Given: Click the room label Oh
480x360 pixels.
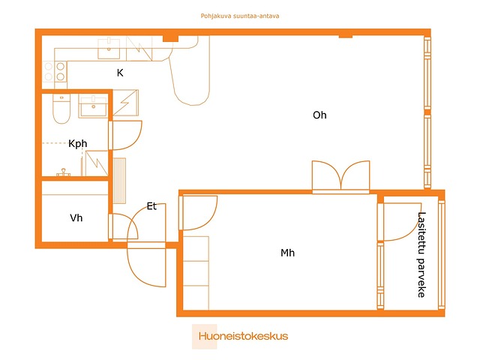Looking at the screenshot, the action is pos(319,115).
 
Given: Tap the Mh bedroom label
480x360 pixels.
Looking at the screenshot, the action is pos(287,253).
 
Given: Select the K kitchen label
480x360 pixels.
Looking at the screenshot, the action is pos(120,73).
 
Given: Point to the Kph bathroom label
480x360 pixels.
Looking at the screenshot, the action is pos(78,143).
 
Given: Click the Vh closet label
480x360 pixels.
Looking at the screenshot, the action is pos(76,218).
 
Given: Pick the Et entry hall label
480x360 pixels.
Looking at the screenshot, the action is pos(151,206).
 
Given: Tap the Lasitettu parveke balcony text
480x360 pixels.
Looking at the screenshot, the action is pos(421,255).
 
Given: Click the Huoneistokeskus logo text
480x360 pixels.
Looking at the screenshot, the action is pos(243,336).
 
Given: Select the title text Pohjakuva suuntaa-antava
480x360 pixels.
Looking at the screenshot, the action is pos(240,16).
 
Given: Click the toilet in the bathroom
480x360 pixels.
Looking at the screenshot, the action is pos(61,108).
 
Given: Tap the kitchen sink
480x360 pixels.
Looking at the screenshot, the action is pos(109,48).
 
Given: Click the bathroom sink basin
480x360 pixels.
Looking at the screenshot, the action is pos(93,106).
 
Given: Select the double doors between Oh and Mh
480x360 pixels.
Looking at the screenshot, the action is pos(340,177).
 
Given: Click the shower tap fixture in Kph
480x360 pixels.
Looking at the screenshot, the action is pos(63,172).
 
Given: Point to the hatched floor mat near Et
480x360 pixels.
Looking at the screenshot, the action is pos(120,181).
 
